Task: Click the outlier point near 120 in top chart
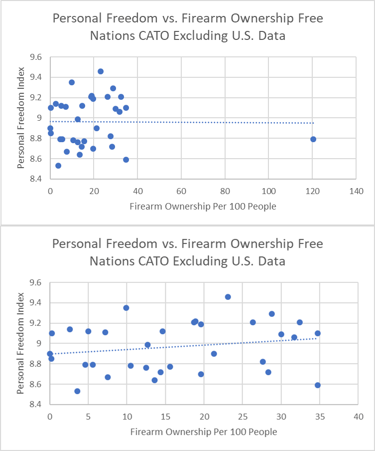click(313, 139)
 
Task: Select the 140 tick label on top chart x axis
click(357, 191)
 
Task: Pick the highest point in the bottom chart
click(228, 297)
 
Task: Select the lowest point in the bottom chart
click(77, 391)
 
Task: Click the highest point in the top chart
click(101, 71)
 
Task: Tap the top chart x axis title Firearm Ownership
click(203, 206)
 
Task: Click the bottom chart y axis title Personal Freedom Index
click(22, 344)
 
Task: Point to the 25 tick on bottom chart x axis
click(243, 416)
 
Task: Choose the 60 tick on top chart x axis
click(181, 191)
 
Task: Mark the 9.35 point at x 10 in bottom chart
click(126, 308)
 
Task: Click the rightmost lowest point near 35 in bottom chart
click(318, 385)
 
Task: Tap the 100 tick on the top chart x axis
click(268, 191)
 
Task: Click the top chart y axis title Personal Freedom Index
click(22, 118)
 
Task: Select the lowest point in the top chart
click(58, 166)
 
